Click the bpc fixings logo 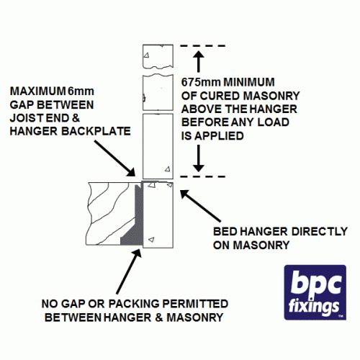(x=315, y=292)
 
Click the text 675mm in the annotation (x=201, y=82)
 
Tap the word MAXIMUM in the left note (x=37, y=91)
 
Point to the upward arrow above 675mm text (x=199, y=61)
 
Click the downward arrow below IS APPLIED (x=199, y=158)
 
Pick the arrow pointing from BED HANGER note (x=200, y=206)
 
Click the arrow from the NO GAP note (x=129, y=271)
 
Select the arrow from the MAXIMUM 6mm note (x=114, y=158)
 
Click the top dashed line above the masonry (x=203, y=45)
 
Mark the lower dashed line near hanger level (x=203, y=176)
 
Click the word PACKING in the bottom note (x=134, y=304)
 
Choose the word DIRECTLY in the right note (x=320, y=232)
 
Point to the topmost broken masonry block (x=158, y=56)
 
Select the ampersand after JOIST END (x=76, y=118)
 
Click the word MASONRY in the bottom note (x=195, y=318)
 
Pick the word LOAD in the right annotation (x=273, y=122)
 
